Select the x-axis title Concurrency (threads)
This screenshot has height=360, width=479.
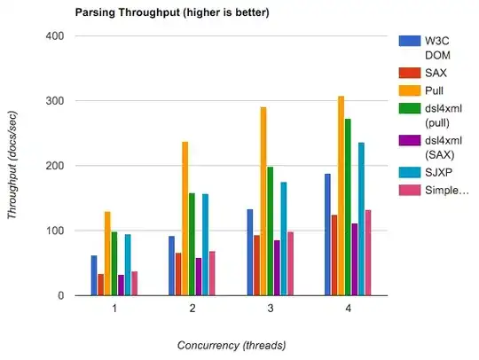click(x=230, y=344)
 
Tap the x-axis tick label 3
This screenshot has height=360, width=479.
click(x=270, y=309)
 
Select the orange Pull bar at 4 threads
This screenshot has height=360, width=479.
click(x=341, y=196)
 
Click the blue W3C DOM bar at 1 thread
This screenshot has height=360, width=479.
click(x=94, y=276)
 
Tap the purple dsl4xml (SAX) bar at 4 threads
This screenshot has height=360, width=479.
click(x=355, y=260)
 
